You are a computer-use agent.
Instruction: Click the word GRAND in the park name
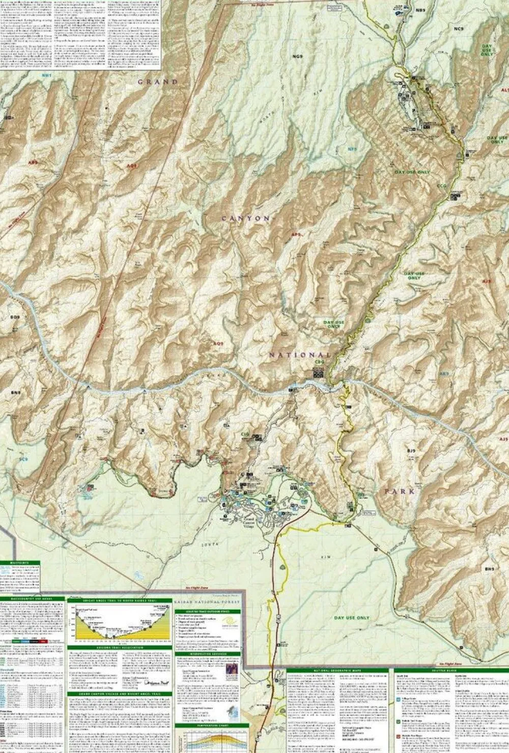[x=158, y=81]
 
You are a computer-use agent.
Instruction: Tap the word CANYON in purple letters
[x=246, y=218]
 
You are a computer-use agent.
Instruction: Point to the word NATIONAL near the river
[x=299, y=355]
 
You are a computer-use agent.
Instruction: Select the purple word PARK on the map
[x=400, y=491]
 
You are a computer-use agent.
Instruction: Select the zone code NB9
[x=419, y=10]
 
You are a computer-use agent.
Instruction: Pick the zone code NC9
[x=459, y=29]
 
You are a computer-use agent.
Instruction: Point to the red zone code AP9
[x=297, y=235]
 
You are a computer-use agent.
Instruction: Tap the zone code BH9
[x=490, y=569]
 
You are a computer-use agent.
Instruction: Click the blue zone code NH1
[x=47, y=75]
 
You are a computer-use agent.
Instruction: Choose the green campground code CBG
[x=320, y=362]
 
